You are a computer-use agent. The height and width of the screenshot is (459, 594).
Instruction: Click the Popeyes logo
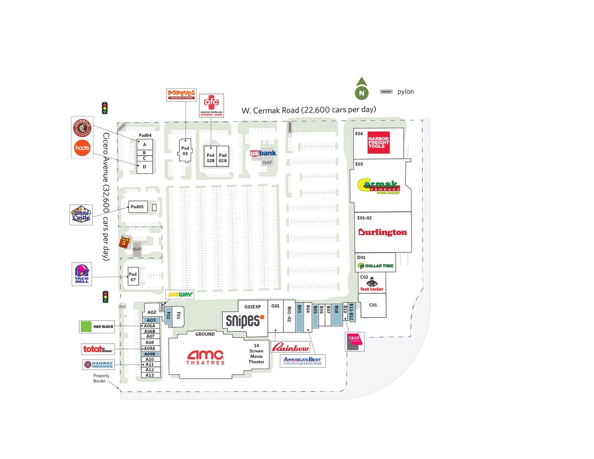coord(181,95)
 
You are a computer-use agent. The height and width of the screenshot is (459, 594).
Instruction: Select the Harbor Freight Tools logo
coord(379,142)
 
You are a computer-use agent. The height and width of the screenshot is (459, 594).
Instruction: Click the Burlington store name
coord(382,233)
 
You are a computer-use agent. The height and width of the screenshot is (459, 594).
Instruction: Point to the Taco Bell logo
coord(82,274)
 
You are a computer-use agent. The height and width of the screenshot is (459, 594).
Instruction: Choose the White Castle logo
coord(81,215)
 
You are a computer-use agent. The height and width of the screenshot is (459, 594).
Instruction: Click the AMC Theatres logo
coord(205,357)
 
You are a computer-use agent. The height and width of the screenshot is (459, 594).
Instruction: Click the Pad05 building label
coord(137,207)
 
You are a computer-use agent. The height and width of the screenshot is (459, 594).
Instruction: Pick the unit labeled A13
coord(149,375)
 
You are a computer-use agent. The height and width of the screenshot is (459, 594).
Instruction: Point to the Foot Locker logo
coord(372,285)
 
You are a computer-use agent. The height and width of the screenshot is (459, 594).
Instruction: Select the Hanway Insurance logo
coord(98,365)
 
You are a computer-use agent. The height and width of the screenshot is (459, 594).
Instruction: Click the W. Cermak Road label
coord(308,110)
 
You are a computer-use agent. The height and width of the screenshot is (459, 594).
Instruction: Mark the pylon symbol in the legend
coord(386,92)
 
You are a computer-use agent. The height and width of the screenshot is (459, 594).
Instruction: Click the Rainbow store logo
coord(290,348)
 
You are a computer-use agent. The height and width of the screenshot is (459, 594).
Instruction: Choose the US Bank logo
coord(263,153)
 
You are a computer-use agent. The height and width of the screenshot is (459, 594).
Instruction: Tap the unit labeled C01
coord(373,305)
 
